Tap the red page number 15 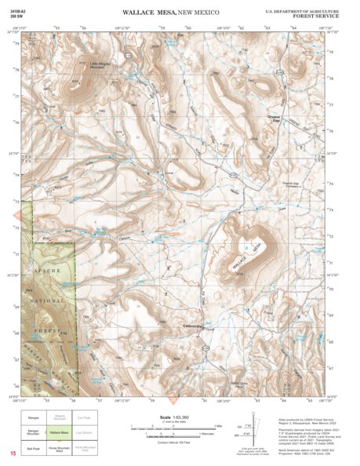[x=13, y=454]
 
